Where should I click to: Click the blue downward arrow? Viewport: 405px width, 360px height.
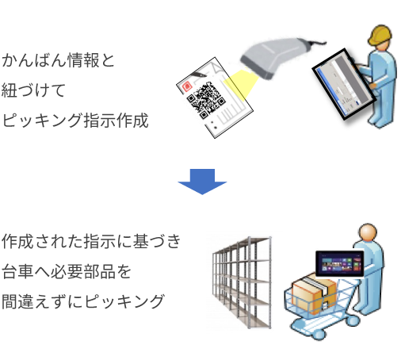pyautogui.click(x=202, y=182)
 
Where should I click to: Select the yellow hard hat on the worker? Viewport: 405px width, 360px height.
pyautogui.click(x=380, y=35)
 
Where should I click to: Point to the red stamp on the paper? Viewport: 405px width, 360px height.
pyautogui.click(x=187, y=86)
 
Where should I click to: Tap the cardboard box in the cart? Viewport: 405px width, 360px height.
pyautogui.click(x=314, y=293)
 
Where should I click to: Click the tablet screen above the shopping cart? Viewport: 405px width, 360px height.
pyautogui.click(x=339, y=264)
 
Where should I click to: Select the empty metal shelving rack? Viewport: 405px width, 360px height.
pyautogui.click(x=242, y=283)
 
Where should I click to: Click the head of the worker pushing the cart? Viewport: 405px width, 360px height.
pyautogui.click(x=368, y=233)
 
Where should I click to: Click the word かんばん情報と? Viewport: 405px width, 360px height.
pyautogui.click(x=58, y=60)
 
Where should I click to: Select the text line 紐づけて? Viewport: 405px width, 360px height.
pyautogui.click(x=33, y=90)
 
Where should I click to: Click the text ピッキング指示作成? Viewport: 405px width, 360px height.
pyautogui.click(x=75, y=121)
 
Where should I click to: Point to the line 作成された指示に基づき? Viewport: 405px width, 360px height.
pyautogui.click(x=91, y=241)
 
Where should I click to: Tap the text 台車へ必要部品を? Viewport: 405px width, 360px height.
pyautogui.click(x=67, y=271)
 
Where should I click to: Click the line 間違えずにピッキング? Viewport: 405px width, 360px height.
pyautogui.click(x=83, y=301)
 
